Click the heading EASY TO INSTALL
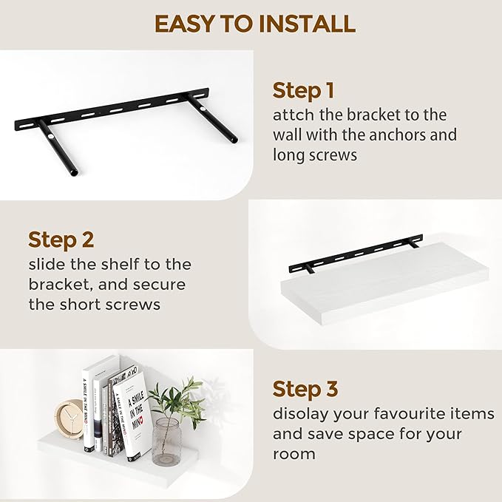coord(254,24)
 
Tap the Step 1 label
coord(303,91)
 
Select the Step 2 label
coord(61,240)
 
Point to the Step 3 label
coord(306,389)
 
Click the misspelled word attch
coord(292,115)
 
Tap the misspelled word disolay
coord(299,413)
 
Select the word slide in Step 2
coord(49,264)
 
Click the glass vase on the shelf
coord(166,441)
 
